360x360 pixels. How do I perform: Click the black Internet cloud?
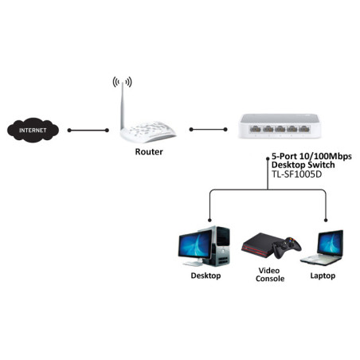[x=33, y=130]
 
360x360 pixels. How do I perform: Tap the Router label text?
[x=149, y=151]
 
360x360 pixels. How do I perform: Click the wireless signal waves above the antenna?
[x=122, y=82]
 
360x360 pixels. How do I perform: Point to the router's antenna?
[x=123, y=106]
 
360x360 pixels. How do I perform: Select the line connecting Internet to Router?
[x=88, y=130]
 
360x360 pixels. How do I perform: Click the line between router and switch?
[x=209, y=130]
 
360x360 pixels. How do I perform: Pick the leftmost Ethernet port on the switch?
[x=256, y=129]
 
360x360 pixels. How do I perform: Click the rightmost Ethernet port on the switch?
[x=304, y=129]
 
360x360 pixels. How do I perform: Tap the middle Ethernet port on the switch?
[x=280, y=129]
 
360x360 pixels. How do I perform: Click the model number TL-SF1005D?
[x=296, y=174]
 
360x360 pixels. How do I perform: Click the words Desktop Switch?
[x=303, y=165]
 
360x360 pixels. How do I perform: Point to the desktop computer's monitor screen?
[x=195, y=245]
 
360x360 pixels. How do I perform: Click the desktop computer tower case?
[x=220, y=246]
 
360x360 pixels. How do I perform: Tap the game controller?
[x=288, y=248]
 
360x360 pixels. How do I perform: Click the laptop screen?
[x=331, y=242]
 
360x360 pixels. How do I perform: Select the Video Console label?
[x=270, y=275]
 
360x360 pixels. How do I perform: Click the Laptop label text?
[x=323, y=276]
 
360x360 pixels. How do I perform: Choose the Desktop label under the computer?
[x=205, y=276]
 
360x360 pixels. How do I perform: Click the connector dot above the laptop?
[x=326, y=220]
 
